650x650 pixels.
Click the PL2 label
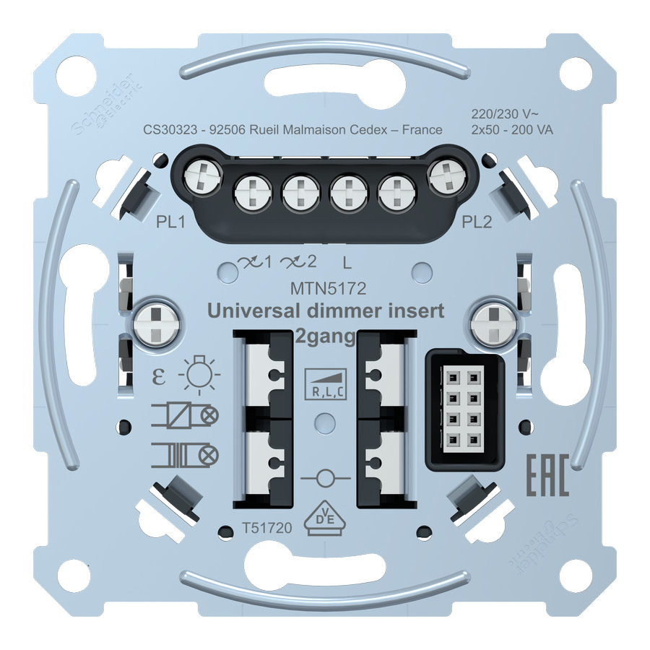pos(477,222)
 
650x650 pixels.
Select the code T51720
pos(267,528)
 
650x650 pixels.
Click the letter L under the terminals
pos(350,262)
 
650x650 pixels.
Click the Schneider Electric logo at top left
pos(108,105)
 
